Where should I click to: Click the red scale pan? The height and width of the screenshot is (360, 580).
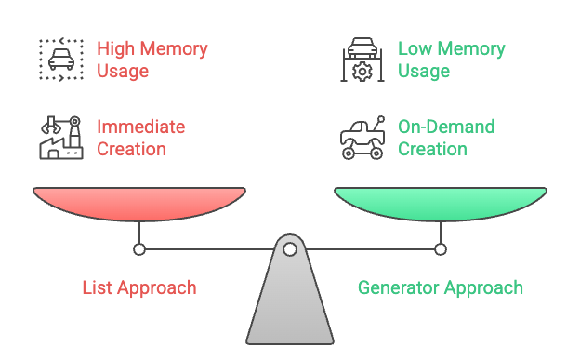tap(139, 203)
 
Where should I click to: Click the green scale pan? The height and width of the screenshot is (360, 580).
tap(441, 203)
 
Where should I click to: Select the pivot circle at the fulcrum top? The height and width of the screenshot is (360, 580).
tap(290, 249)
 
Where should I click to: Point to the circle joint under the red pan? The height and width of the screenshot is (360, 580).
tap(139, 249)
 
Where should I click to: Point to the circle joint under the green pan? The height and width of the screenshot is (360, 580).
tap(441, 249)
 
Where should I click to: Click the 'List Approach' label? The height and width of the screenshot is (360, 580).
tap(139, 287)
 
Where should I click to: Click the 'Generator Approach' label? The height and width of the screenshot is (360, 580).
tap(441, 287)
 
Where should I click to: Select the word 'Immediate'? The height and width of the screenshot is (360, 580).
tap(141, 127)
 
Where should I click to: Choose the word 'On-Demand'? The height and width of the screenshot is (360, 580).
tap(446, 127)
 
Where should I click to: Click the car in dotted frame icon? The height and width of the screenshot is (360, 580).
tap(60, 60)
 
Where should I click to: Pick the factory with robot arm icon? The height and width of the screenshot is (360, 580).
tap(60, 138)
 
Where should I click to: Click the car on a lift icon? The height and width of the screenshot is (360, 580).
tap(362, 60)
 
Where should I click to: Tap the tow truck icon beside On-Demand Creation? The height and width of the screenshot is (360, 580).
tap(362, 138)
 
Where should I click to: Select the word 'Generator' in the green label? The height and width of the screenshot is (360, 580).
tap(400, 287)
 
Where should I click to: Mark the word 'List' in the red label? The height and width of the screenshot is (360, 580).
tap(98, 287)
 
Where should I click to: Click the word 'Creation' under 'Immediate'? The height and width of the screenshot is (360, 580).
tap(131, 149)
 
